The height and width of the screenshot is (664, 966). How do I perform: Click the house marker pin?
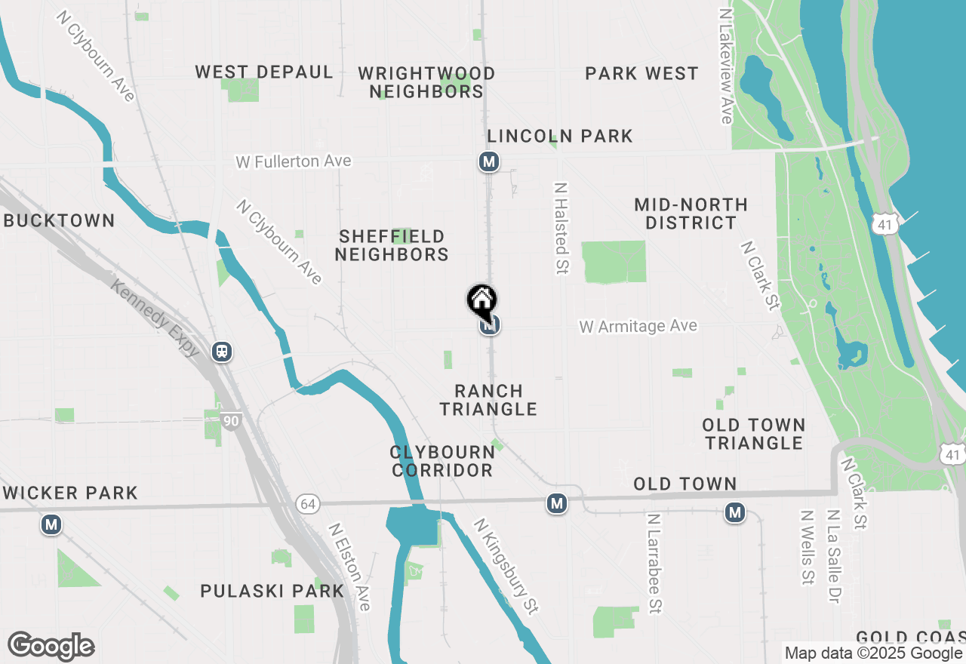click(481, 300)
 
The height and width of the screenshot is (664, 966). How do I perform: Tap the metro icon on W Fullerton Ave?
click(489, 161)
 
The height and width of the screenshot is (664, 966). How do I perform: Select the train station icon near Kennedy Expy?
click(222, 352)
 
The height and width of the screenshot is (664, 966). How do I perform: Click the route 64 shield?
click(307, 504)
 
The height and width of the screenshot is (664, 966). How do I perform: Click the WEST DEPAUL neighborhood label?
click(264, 72)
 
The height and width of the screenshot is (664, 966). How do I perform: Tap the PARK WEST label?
click(642, 74)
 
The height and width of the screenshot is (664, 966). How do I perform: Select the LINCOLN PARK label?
click(560, 137)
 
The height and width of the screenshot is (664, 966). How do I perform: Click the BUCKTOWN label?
click(59, 221)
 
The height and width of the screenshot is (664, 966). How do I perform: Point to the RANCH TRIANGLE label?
click(489, 400)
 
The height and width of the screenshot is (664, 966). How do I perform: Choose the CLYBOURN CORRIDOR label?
click(442, 461)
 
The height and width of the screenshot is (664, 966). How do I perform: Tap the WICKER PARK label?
click(70, 493)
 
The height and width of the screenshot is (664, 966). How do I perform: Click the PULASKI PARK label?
click(272, 591)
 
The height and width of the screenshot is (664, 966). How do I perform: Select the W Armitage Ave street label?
click(638, 326)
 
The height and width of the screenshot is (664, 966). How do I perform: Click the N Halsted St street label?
click(561, 228)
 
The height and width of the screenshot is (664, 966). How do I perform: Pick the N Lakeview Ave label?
click(726, 66)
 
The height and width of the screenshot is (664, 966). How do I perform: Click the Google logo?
click(51, 647)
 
